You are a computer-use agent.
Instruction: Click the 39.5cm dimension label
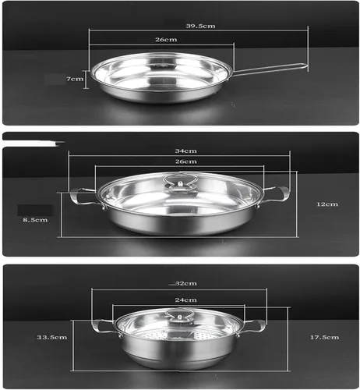[x=200, y=26]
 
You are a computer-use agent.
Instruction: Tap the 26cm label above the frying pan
[x=166, y=40]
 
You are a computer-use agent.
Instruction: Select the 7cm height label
[x=75, y=79]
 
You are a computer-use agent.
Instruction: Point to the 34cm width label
[x=185, y=151]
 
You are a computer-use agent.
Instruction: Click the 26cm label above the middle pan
[x=185, y=161]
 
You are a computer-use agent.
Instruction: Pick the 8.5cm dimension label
[x=35, y=220]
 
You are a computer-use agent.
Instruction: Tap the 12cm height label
[x=327, y=204]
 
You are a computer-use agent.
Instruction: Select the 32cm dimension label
[x=186, y=283]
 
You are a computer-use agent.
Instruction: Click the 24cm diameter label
[x=185, y=300]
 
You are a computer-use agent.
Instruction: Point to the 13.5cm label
[x=52, y=337]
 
